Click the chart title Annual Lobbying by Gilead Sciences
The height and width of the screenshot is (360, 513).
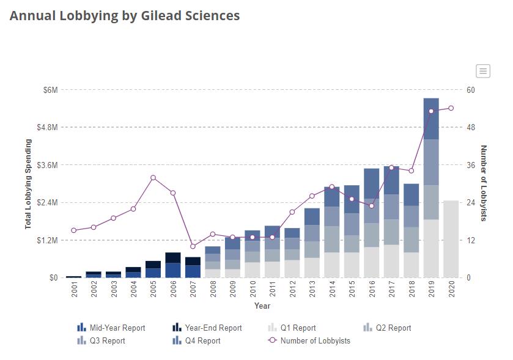tap(125, 16)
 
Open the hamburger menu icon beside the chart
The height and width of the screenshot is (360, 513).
tap(483, 71)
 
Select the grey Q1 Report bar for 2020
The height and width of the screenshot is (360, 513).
tap(451, 238)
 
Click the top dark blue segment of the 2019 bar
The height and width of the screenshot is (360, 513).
tap(431, 119)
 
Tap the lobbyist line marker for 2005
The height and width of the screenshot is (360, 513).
tap(153, 178)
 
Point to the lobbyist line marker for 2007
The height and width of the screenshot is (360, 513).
tap(193, 246)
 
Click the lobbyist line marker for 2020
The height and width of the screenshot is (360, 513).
tap(451, 108)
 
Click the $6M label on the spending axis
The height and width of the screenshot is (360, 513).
tap(50, 90)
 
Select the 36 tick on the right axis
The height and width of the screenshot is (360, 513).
tap(471, 165)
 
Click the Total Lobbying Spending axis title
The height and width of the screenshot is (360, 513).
tap(28, 184)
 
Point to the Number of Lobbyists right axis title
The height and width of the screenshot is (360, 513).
tap(483, 183)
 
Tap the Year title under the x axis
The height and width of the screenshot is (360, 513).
tap(262, 306)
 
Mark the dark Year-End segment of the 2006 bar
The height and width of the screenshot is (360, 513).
tap(173, 257)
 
